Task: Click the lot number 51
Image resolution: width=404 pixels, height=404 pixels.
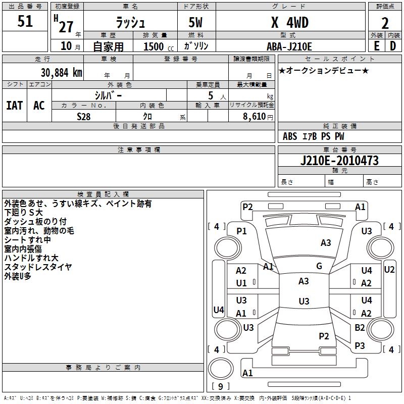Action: tap(25, 22)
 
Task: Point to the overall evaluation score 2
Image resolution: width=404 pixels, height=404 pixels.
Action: tap(385, 23)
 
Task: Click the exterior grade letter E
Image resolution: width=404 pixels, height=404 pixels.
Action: tap(376, 46)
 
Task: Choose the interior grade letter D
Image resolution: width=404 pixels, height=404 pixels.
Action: tap(393, 46)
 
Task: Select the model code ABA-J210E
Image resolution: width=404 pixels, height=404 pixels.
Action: tap(289, 46)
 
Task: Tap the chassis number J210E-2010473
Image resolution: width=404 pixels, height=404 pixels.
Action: tap(339, 161)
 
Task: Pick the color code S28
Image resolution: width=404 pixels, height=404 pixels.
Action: tap(84, 116)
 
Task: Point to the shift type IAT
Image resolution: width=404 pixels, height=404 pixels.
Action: tap(15, 106)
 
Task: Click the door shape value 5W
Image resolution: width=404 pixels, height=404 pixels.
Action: tap(196, 23)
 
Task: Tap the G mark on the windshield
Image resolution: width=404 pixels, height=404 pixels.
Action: tap(319, 266)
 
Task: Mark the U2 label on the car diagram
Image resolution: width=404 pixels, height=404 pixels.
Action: tap(389, 270)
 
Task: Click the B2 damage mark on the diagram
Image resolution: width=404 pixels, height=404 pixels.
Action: tap(360, 328)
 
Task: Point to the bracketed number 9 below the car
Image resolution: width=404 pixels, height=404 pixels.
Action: tap(220, 386)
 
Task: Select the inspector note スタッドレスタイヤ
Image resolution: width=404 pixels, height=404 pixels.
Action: tap(38, 267)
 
